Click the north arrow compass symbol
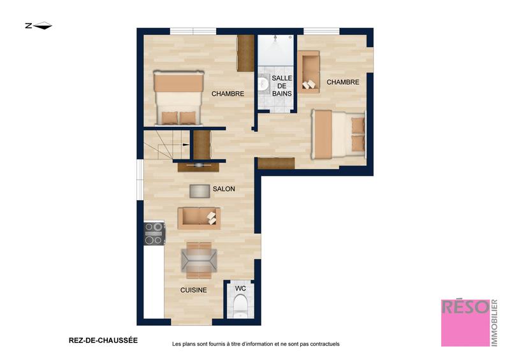point(38,26)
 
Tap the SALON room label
point(224,189)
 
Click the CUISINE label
point(193,290)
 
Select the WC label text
point(240,289)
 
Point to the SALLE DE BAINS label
point(282,85)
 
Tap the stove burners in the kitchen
point(154,234)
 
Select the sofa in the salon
point(199,218)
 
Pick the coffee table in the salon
point(200,191)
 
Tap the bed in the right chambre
point(338,134)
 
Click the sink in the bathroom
point(263,84)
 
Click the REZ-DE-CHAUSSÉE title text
point(103,340)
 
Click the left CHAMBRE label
point(228,94)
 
